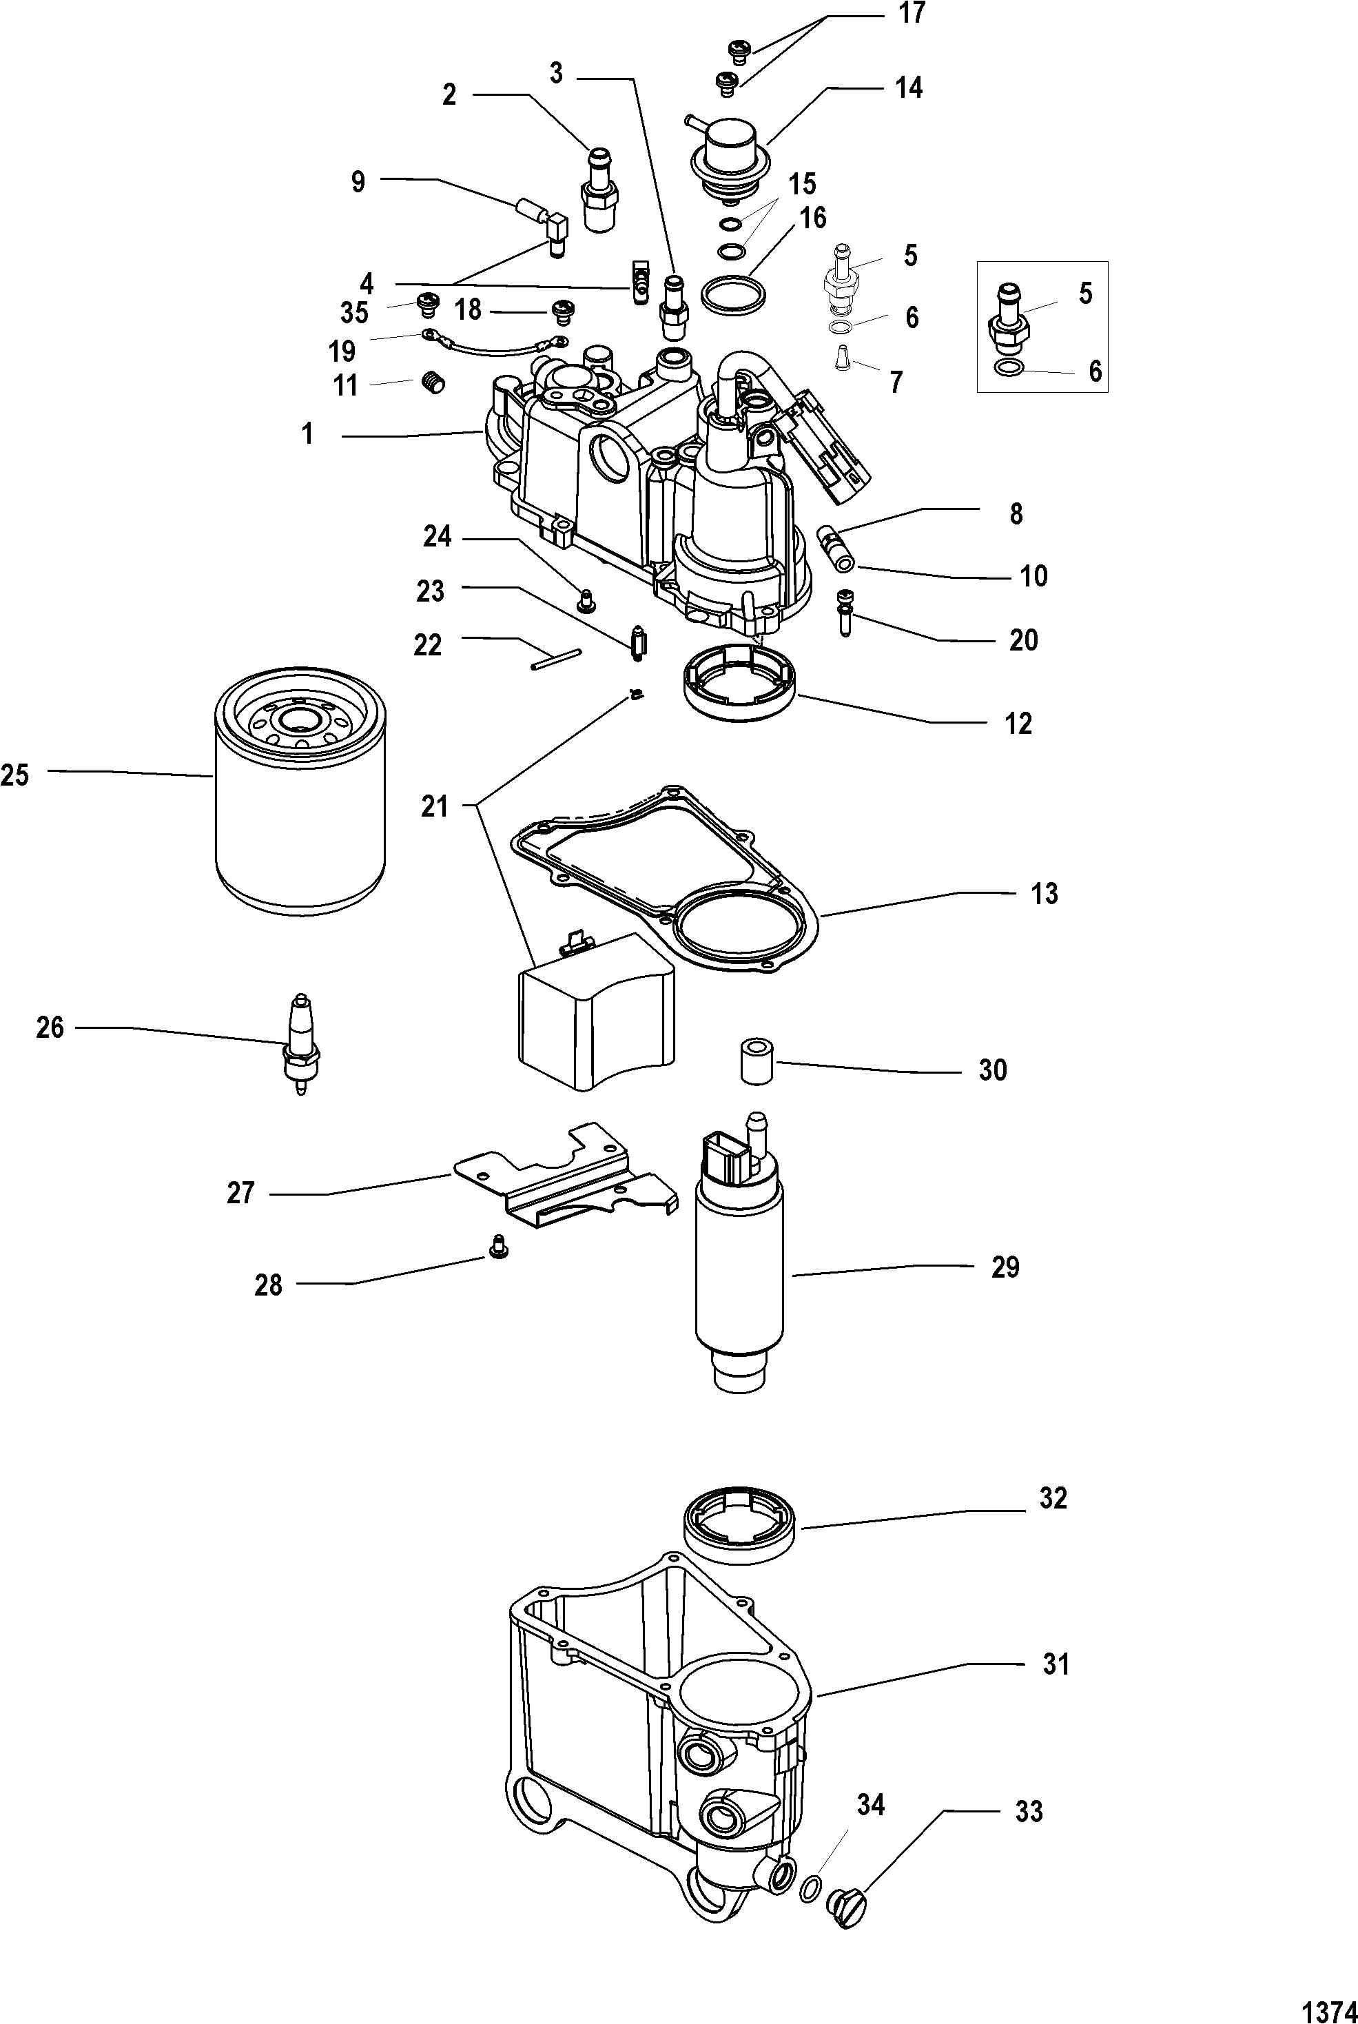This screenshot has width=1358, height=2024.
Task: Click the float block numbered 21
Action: (596, 1009)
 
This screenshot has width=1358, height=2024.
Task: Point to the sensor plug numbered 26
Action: (300, 1043)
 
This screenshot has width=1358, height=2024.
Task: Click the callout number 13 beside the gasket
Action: (1045, 893)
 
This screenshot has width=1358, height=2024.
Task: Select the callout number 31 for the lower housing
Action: (1056, 1664)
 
